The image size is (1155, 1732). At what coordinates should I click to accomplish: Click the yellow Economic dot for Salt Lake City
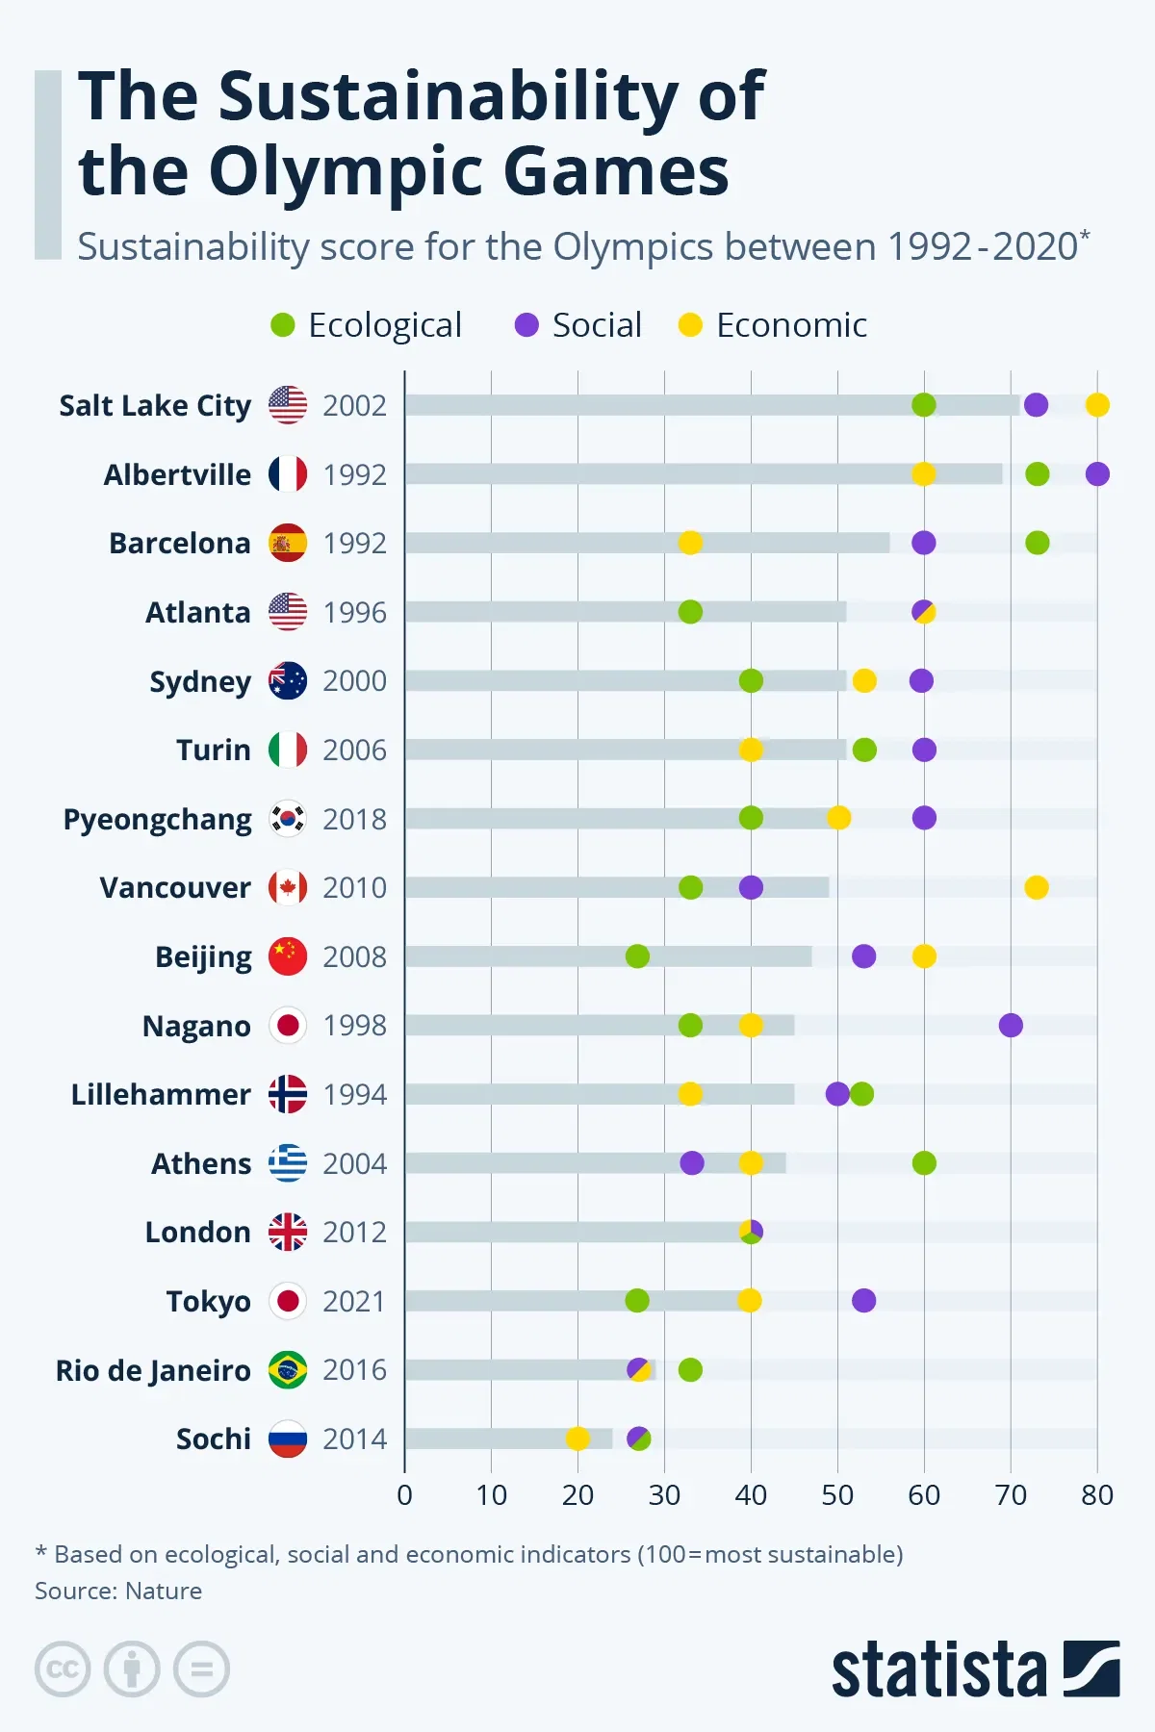(1097, 405)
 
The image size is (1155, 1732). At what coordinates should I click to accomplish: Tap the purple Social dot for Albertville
(1097, 474)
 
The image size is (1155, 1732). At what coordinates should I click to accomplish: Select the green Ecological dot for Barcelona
(1037, 543)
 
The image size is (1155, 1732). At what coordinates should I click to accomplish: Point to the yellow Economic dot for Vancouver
(1037, 887)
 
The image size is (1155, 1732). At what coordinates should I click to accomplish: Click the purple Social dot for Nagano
(1011, 1025)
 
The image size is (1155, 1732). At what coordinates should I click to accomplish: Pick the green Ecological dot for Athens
(924, 1162)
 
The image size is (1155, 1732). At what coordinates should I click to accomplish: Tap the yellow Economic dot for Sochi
(577, 1439)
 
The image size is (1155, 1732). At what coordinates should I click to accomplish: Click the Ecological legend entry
(367, 325)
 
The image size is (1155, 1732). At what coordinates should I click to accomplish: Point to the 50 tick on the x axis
(837, 1494)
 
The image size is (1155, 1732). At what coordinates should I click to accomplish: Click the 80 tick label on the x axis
(1097, 1494)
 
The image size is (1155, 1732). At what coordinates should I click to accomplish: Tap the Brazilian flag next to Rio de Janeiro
(288, 1369)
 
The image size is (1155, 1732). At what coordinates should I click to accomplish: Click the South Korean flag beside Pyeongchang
(288, 819)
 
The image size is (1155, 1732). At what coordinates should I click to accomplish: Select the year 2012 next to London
(354, 1232)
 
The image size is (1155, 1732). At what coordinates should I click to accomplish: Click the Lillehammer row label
(161, 1094)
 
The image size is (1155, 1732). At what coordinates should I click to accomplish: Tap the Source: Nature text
(118, 1591)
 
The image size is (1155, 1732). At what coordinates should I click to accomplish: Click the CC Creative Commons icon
(63, 1668)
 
